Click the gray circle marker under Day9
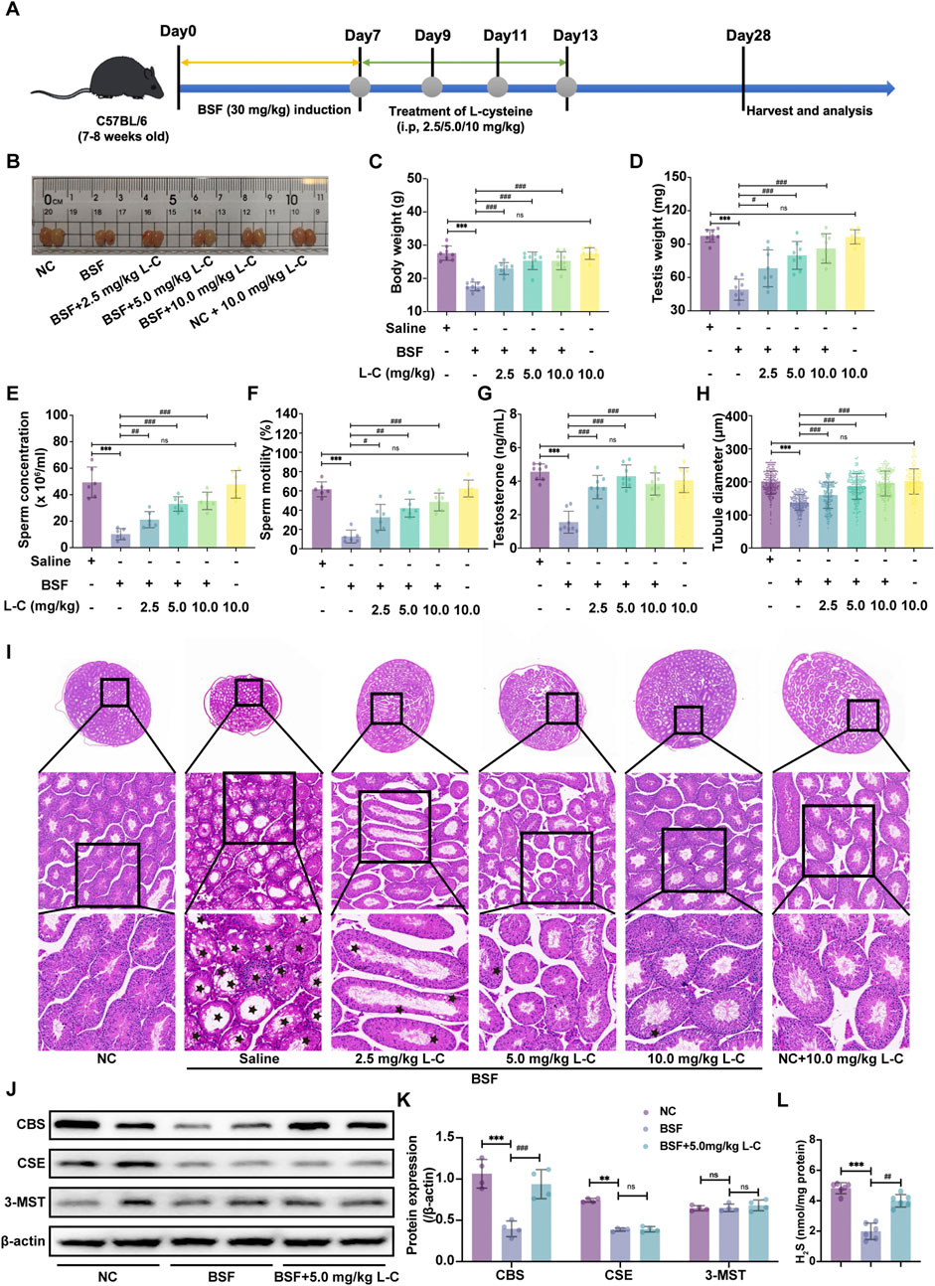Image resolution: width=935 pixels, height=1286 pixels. pyautogui.click(x=431, y=86)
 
